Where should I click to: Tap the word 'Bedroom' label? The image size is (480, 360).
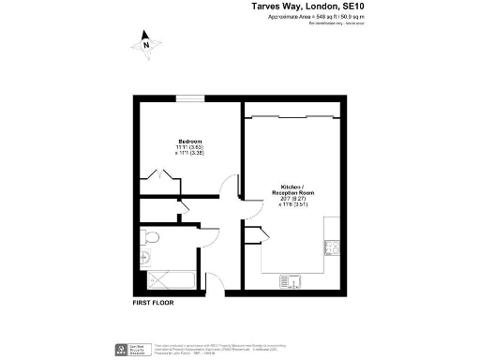[191, 141]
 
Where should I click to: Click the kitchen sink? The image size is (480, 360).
[289, 279]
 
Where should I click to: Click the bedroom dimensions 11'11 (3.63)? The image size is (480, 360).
[190, 147]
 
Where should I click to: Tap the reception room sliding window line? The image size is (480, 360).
[291, 116]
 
